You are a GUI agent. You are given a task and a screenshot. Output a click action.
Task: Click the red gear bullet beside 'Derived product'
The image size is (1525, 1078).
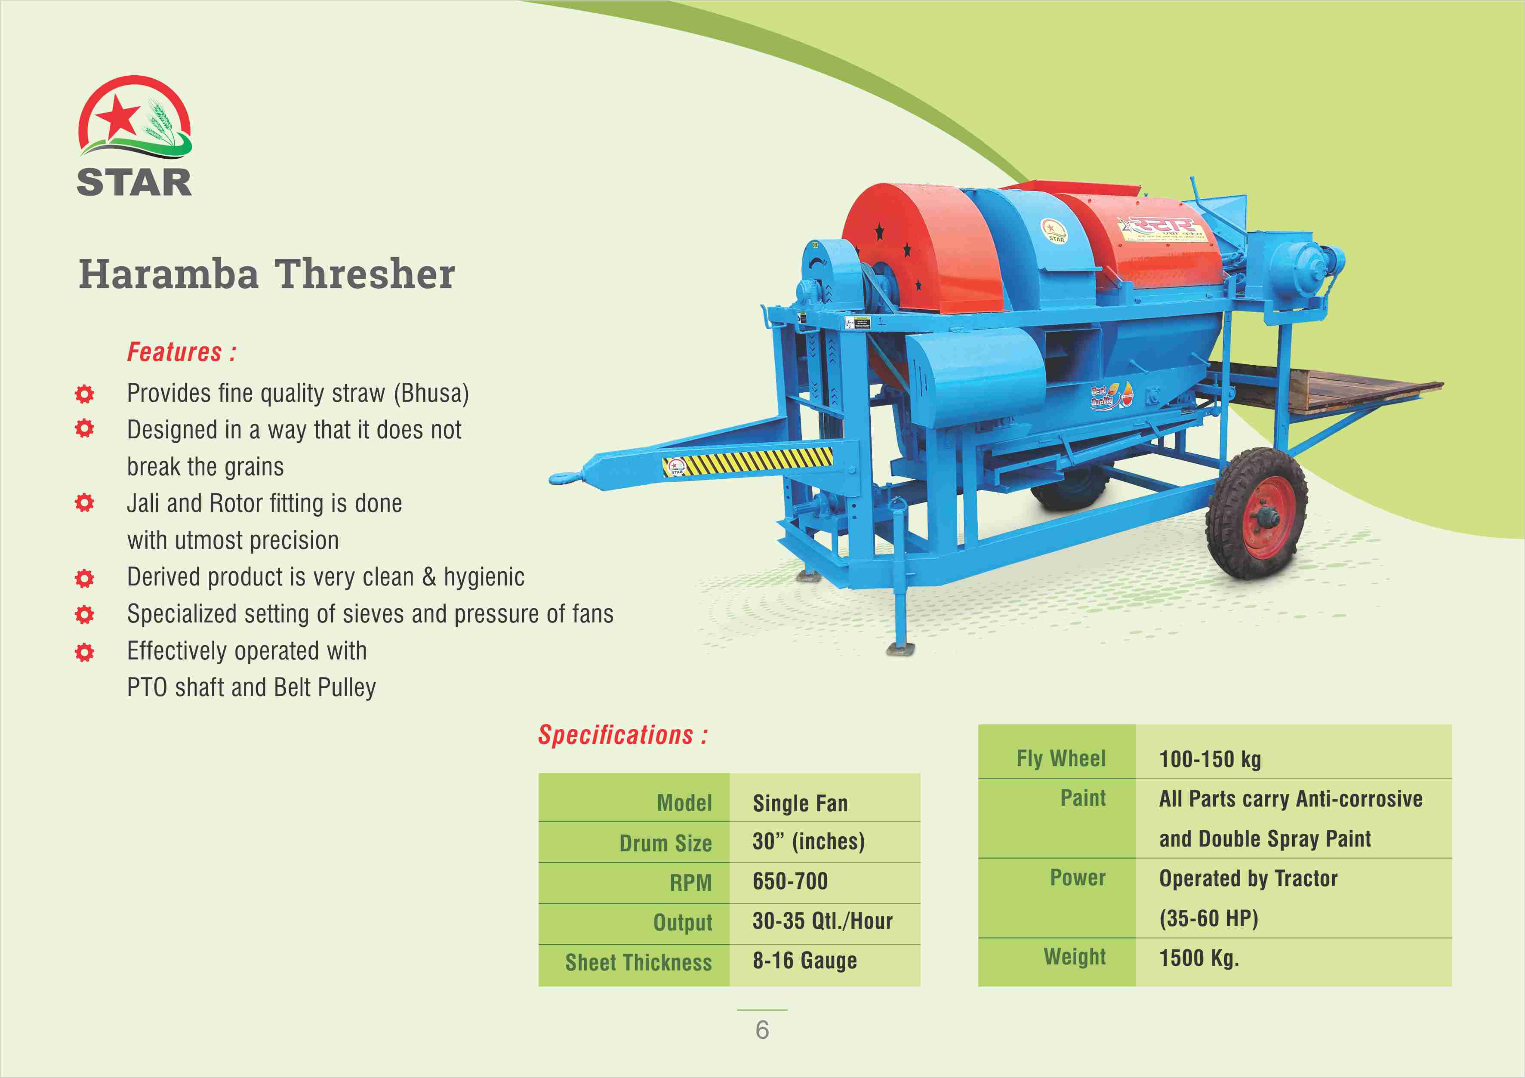84,579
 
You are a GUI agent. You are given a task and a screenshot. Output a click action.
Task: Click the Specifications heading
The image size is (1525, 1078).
622,735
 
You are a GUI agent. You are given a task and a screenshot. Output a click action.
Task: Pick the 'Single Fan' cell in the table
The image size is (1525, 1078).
801,803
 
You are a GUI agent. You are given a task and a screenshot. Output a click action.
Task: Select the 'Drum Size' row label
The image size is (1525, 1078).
665,843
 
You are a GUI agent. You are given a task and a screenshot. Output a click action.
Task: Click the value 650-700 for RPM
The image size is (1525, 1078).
790,881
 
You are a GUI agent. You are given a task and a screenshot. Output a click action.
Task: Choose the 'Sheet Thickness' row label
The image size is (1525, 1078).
638,962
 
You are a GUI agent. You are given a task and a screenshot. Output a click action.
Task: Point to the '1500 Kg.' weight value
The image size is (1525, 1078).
1199,958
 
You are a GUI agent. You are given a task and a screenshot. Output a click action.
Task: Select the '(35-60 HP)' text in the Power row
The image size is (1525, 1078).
1209,918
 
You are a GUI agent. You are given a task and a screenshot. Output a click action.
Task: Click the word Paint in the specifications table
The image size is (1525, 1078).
1083,798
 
